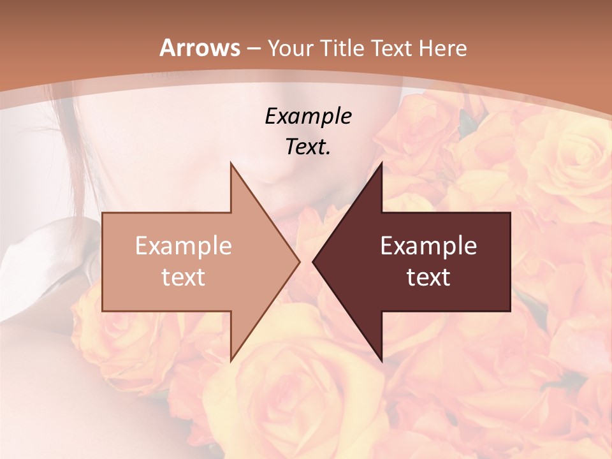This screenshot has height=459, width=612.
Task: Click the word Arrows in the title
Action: click(200, 48)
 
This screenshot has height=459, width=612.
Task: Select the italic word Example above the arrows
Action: click(309, 117)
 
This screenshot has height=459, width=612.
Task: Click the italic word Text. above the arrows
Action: click(309, 147)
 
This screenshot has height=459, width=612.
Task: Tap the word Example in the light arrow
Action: click(184, 246)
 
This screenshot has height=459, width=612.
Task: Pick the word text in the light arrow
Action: click(184, 277)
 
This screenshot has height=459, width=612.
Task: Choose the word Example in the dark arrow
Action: click(428, 246)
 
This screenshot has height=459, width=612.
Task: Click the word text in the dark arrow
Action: click(428, 277)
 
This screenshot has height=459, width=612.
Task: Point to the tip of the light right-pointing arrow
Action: click(299, 261)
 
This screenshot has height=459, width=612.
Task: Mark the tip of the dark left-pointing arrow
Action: click(313, 261)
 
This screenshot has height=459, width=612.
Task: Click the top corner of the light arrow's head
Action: click(231, 163)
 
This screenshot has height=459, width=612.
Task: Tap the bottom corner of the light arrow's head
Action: click(231, 361)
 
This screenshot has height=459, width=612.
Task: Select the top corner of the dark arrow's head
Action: click(381, 163)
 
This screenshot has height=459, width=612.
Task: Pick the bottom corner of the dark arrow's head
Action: click(381, 361)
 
